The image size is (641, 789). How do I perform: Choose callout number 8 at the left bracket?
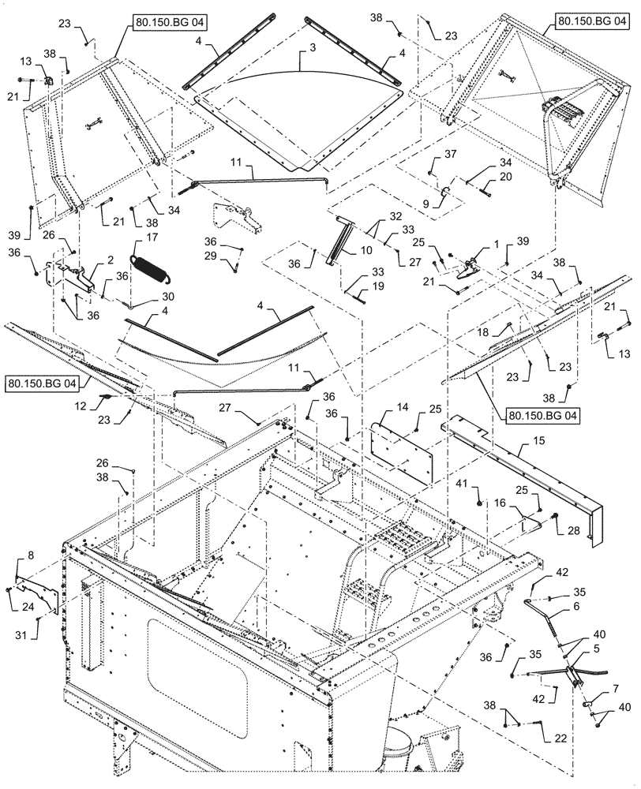(x=31, y=558)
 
